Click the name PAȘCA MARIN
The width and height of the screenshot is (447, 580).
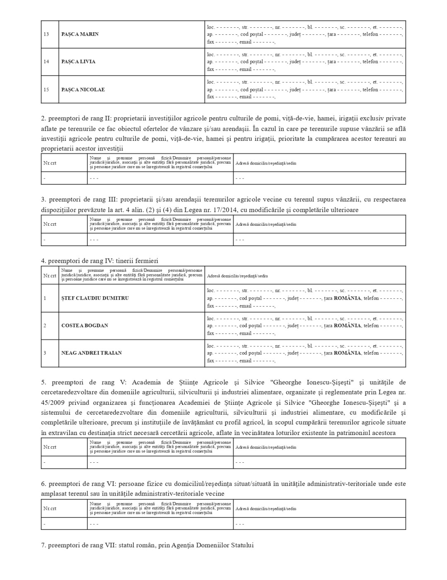click(80, 34)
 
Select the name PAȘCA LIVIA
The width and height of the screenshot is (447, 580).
click(78, 62)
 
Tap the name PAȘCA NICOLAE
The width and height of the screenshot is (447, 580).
click(83, 89)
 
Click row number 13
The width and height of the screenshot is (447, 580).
click(46, 34)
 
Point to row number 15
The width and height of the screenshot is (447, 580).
click(46, 89)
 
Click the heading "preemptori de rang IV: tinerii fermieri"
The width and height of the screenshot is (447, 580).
click(103, 261)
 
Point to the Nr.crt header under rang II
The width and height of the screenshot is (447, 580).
click(50, 163)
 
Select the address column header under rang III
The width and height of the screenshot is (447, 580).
click(266, 225)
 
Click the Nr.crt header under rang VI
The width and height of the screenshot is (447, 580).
click(50, 509)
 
